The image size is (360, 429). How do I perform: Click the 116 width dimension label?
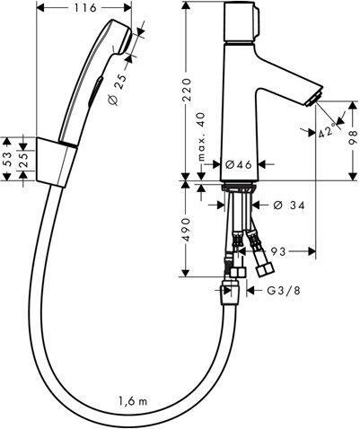pos(85,8)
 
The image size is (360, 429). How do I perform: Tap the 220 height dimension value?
pos(187,90)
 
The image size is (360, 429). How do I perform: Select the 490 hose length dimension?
pos(186,230)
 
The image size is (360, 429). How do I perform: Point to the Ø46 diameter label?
pos(238,164)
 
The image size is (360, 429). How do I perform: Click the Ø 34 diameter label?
pos(289,206)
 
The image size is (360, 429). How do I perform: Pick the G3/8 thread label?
pos(284,290)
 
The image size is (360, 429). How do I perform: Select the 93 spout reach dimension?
pos(278,251)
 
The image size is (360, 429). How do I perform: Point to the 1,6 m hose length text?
pos(134,401)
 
